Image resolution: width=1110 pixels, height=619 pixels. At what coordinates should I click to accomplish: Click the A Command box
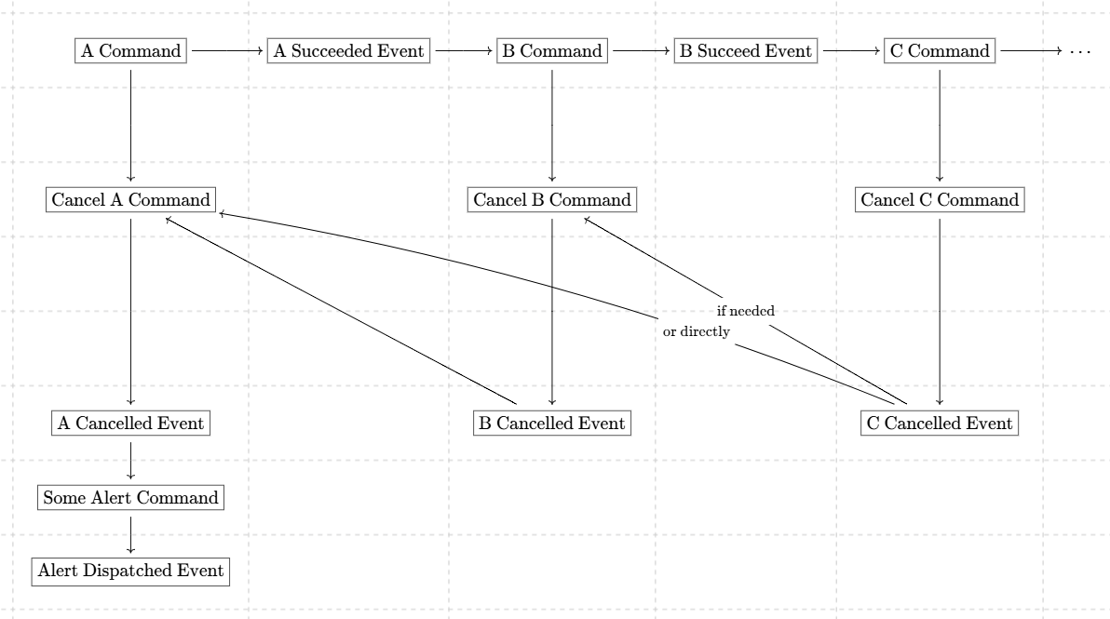click(131, 51)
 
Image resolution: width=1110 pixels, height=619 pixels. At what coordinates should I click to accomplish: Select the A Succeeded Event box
click(348, 51)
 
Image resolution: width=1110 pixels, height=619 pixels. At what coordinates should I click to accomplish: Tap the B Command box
click(552, 51)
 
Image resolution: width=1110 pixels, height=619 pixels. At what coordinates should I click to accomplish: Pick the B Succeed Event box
click(745, 51)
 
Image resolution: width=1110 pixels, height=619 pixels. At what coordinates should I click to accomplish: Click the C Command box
click(940, 51)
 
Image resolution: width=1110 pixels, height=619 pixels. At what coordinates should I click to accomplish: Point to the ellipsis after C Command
click(1080, 51)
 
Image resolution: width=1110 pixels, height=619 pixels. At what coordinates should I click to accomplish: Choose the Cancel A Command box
click(131, 199)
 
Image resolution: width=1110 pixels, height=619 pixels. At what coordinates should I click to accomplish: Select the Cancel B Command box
click(552, 199)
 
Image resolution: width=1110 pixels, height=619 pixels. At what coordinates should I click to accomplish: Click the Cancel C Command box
click(940, 199)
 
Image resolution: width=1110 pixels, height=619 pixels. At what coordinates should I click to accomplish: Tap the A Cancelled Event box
click(131, 423)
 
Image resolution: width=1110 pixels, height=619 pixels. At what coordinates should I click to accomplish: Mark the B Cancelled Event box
click(552, 423)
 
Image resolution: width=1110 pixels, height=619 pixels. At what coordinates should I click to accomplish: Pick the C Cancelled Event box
click(940, 423)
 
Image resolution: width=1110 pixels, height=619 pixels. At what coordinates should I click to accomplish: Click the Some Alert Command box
click(131, 497)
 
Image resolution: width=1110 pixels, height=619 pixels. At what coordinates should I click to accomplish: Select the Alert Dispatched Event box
click(131, 571)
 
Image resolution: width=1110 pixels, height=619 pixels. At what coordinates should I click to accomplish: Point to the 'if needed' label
click(745, 311)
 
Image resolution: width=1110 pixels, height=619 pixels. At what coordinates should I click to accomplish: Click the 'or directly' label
click(696, 331)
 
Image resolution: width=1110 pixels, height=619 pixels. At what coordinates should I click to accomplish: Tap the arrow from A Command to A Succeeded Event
click(227, 51)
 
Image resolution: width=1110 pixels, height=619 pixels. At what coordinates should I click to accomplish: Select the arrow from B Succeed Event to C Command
click(851, 51)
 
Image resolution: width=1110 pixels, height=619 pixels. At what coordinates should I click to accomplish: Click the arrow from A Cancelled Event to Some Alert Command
click(131, 461)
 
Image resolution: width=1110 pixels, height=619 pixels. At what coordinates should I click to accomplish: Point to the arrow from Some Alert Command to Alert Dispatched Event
click(131, 535)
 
